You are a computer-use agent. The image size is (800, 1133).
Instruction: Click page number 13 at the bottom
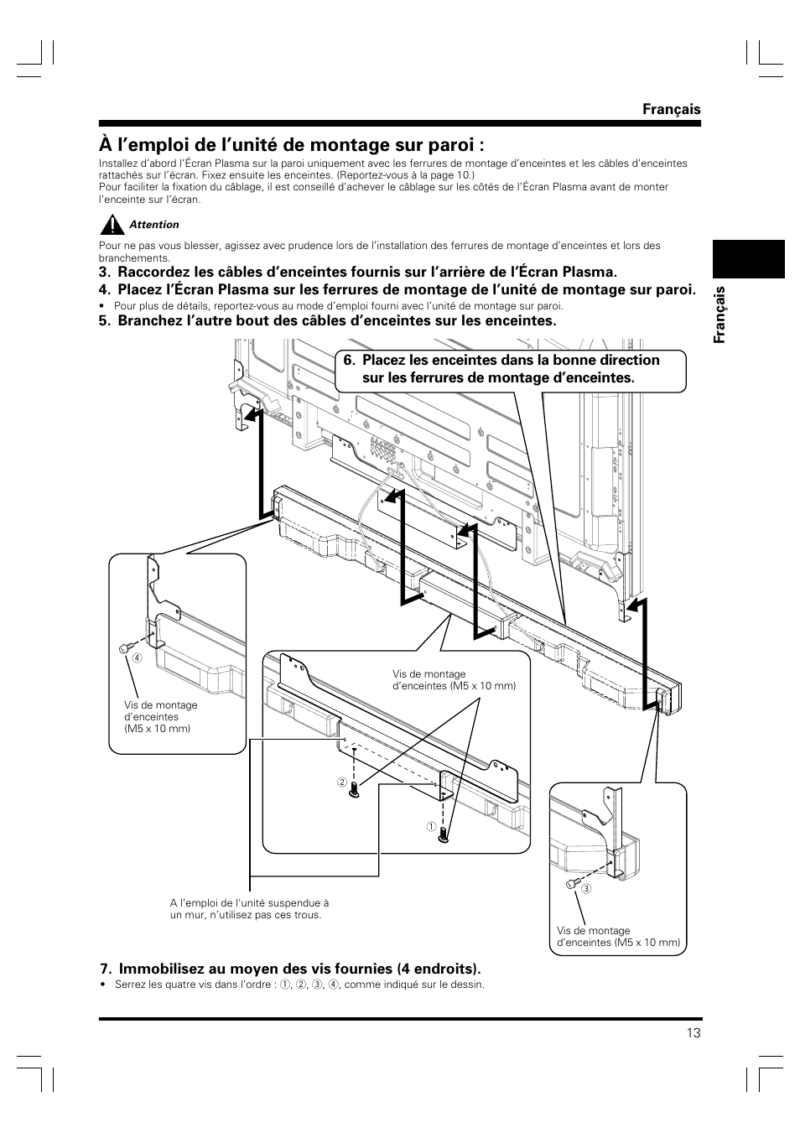click(x=693, y=1032)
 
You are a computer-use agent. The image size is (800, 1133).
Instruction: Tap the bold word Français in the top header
click(x=672, y=109)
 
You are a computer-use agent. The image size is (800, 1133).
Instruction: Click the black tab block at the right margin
click(x=749, y=258)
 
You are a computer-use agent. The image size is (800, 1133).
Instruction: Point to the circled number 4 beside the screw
click(x=132, y=657)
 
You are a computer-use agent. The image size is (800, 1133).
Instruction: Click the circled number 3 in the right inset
click(x=587, y=889)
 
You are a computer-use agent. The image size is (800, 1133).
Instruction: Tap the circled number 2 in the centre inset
click(x=342, y=782)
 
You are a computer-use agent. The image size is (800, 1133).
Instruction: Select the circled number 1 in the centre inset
click(x=430, y=827)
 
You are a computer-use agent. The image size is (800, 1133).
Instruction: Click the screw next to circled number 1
click(x=444, y=834)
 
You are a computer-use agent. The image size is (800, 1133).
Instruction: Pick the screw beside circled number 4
click(x=123, y=648)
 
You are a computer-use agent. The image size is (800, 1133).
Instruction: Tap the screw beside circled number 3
click(x=571, y=884)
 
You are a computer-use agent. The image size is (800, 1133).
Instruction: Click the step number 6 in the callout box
click(x=346, y=361)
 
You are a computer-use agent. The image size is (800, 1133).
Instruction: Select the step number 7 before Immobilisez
click(x=103, y=969)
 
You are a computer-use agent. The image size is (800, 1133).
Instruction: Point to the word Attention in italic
click(x=154, y=225)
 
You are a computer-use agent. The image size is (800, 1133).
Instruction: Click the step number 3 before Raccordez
click(x=103, y=273)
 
